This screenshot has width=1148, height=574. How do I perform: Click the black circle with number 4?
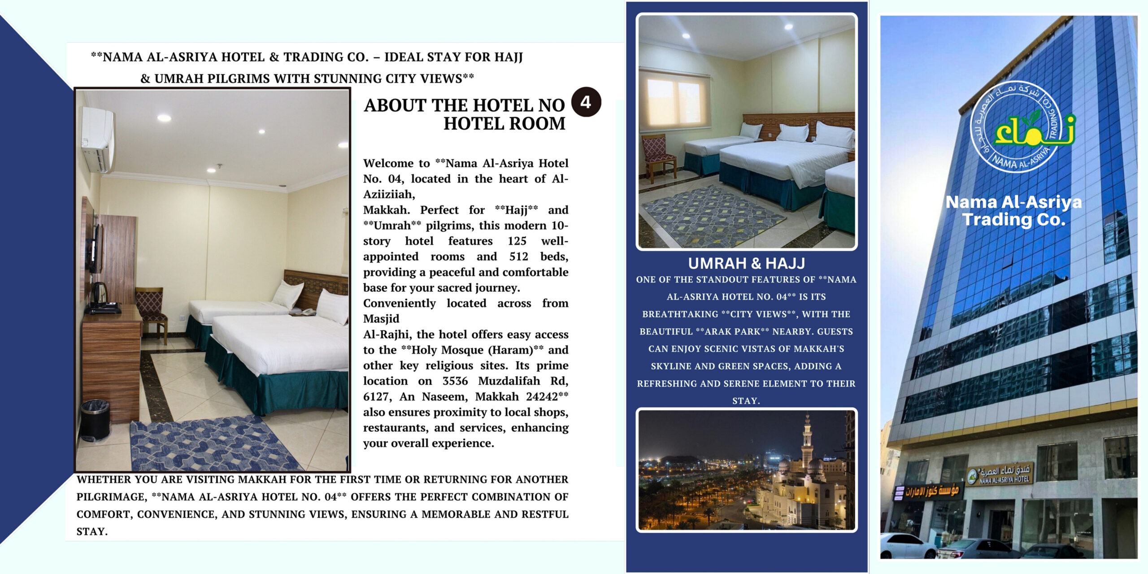pos(586,102)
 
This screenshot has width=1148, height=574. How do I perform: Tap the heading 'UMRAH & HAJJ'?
pos(746,263)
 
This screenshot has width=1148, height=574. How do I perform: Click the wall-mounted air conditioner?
pos(97,139)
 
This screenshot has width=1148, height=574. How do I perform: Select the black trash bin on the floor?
pos(95,420)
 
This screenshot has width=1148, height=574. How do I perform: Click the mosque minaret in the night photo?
pos(807,442)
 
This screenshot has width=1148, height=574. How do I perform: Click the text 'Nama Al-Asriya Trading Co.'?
pos(1013,211)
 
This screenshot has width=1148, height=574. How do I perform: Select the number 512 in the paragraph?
pos(518,257)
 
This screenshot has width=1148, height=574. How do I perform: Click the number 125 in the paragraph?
pos(517,241)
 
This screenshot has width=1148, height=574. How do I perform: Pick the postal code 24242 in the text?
pos(542,396)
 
